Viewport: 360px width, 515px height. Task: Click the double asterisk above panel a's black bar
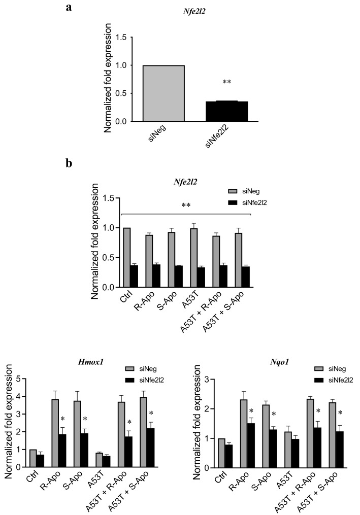pyautogui.click(x=226, y=82)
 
